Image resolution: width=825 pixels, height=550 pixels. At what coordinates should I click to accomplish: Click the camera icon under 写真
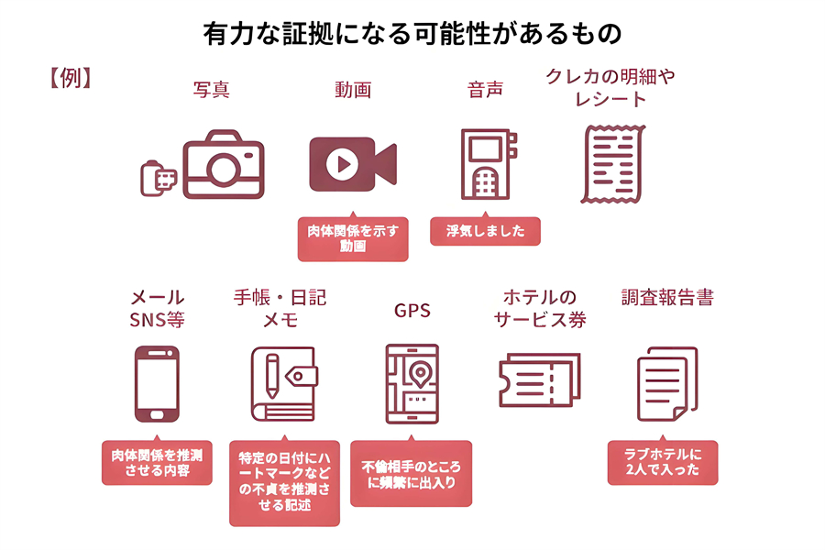(223, 168)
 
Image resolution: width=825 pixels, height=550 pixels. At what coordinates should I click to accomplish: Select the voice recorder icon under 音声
(487, 165)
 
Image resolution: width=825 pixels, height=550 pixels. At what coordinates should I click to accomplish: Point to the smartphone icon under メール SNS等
(157, 384)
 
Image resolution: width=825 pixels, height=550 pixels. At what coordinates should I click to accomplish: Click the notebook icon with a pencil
(281, 384)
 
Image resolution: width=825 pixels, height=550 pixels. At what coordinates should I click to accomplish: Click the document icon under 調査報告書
(666, 384)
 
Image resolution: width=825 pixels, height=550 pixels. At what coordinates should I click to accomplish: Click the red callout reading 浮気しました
(485, 232)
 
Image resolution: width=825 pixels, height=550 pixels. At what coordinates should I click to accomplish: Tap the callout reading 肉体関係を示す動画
(353, 239)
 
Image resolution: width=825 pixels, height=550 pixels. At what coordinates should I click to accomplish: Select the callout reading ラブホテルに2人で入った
(662, 462)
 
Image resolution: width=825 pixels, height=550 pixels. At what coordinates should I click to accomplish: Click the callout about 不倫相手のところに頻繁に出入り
(411, 474)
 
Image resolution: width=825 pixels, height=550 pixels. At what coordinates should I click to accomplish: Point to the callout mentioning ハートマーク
(284, 481)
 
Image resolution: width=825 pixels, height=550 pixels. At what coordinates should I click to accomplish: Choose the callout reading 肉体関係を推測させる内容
(156, 462)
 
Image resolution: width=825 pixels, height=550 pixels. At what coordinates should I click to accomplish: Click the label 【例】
(68, 79)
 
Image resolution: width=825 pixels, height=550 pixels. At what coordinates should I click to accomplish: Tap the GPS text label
(412, 311)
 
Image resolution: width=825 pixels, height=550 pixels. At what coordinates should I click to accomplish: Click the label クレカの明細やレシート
(610, 88)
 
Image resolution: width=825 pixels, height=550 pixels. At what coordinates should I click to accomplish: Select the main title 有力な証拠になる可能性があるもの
(412, 33)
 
